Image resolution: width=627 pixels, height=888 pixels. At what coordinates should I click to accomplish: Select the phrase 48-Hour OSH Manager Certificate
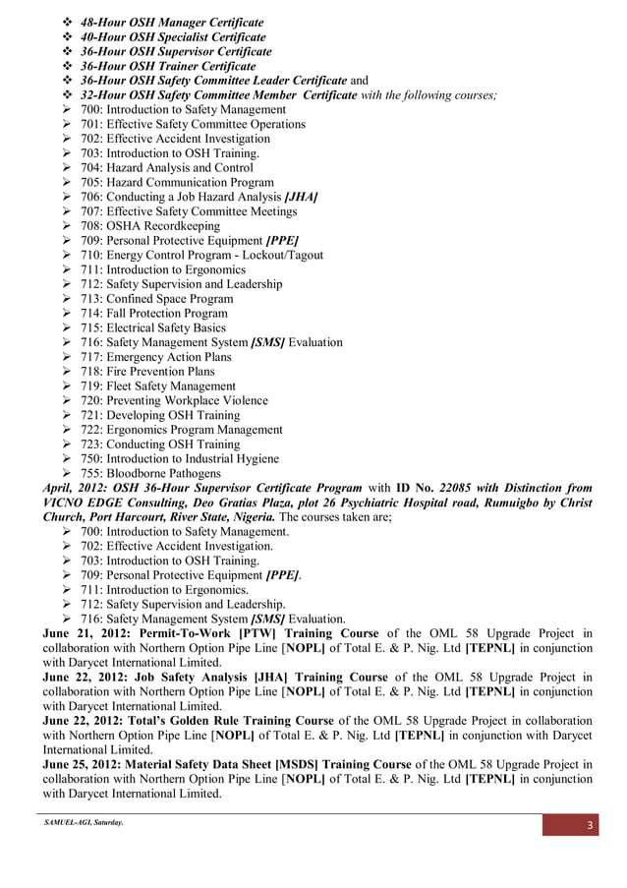click(x=173, y=22)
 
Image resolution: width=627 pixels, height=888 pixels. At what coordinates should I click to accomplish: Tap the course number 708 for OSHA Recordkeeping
click(x=91, y=226)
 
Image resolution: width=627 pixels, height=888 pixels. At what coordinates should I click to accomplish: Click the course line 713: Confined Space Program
click(x=157, y=299)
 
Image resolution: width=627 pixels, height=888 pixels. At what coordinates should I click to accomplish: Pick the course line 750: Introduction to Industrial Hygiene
click(x=180, y=458)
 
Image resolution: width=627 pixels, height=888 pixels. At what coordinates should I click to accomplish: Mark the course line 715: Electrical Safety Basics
click(x=153, y=327)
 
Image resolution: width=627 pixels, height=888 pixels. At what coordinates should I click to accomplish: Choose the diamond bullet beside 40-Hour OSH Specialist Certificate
click(x=68, y=36)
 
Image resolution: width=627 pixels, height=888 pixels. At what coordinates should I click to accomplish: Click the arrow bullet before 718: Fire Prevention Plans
click(x=68, y=372)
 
